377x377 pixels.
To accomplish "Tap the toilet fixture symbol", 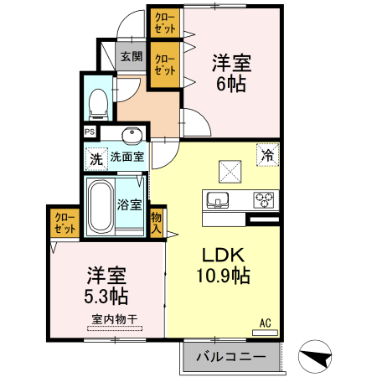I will [97, 101].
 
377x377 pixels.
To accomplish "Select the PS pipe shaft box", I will [90, 132].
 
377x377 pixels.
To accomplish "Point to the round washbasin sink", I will [132, 136].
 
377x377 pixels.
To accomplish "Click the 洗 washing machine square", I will [96, 156].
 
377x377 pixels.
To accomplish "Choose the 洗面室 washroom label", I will [127, 156].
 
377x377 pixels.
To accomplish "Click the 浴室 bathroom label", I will [129, 204].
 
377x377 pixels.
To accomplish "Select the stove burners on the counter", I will [266, 200].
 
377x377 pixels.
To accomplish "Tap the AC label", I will [266, 323].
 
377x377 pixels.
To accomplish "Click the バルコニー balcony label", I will [230, 357].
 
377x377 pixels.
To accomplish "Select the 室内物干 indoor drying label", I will [114, 319].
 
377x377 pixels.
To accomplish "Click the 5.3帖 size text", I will [106, 296].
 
